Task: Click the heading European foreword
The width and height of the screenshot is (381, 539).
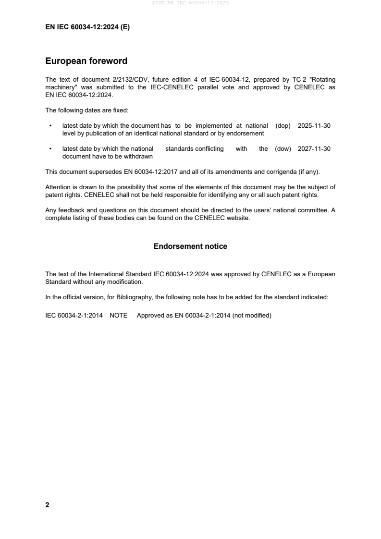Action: (x=86, y=61)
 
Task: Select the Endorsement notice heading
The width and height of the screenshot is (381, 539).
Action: (x=190, y=246)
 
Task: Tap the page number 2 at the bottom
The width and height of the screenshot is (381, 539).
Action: (x=47, y=505)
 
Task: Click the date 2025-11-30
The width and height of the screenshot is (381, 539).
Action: (x=314, y=125)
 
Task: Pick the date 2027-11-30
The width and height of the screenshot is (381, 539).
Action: (x=314, y=149)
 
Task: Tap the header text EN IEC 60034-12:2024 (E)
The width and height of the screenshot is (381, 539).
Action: (x=87, y=27)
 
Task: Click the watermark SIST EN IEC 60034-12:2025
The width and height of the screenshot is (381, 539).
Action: (x=190, y=3)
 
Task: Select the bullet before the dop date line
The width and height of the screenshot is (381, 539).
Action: (x=50, y=125)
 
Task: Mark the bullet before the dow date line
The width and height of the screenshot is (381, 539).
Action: (x=50, y=149)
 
